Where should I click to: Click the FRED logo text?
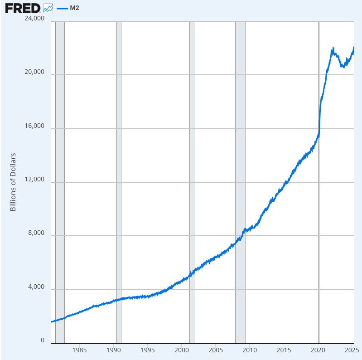pos(23,8)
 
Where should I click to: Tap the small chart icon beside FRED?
pos(48,8)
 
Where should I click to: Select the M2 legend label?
pos(75,8)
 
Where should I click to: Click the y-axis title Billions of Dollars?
pos(13,182)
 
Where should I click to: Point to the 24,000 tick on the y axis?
pos(35,19)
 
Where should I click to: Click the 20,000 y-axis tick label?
pos(35,72)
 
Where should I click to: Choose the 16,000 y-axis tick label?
pos(35,126)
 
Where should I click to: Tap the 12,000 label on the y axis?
pos(35,180)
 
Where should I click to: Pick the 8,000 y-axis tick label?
pos(37,234)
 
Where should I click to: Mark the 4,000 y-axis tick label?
pos(37,287)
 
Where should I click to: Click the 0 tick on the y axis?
pos(43,341)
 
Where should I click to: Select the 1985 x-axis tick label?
pos(79,350)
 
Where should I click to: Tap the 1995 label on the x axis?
pos(147,350)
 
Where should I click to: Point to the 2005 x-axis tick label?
pos(216,350)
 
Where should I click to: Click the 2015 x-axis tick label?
pos(284,350)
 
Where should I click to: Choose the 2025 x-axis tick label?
pos(352,350)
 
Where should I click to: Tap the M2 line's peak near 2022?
pos(333,48)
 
